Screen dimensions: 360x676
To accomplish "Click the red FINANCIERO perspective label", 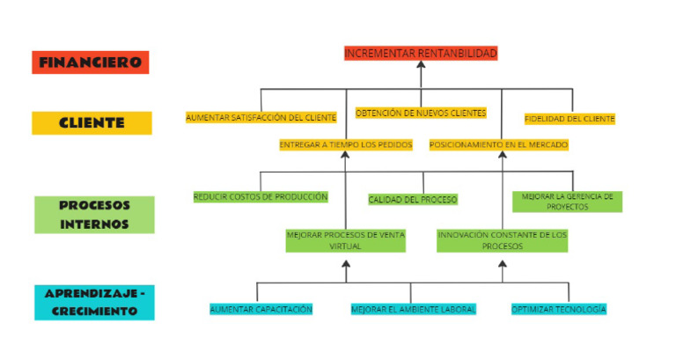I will point(91,62).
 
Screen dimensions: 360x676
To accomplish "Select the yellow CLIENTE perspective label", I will point(92,123).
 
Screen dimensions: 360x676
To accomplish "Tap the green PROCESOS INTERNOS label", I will point(94,215).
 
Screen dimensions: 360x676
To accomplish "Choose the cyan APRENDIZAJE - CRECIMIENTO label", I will point(94,303).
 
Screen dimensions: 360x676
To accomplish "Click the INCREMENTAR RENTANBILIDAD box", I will point(421,54).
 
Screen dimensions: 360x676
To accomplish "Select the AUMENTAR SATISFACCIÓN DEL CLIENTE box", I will point(261,117).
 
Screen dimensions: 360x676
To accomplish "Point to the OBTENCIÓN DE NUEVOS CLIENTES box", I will point(421,113).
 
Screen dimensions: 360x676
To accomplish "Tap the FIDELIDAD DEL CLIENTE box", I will point(569,118).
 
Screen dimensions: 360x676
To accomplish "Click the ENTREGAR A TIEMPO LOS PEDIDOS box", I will point(345,144).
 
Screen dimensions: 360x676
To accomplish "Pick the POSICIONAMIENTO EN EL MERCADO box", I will point(499,144).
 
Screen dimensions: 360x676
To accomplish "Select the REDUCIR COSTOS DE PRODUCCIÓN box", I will point(261,197).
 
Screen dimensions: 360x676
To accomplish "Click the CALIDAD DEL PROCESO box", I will point(413,200).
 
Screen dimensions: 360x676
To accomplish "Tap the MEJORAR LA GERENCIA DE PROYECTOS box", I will point(568,202).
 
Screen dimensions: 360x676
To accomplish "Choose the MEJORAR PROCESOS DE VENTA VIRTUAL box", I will point(345,240).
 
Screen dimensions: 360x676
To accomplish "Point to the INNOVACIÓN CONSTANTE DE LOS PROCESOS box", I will point(503,240).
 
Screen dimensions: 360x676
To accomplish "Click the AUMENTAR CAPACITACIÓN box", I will point(261,309).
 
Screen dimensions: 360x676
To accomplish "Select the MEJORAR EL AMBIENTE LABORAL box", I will point(413,309).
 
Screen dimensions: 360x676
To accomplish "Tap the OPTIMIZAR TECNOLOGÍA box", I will point(559,309).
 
